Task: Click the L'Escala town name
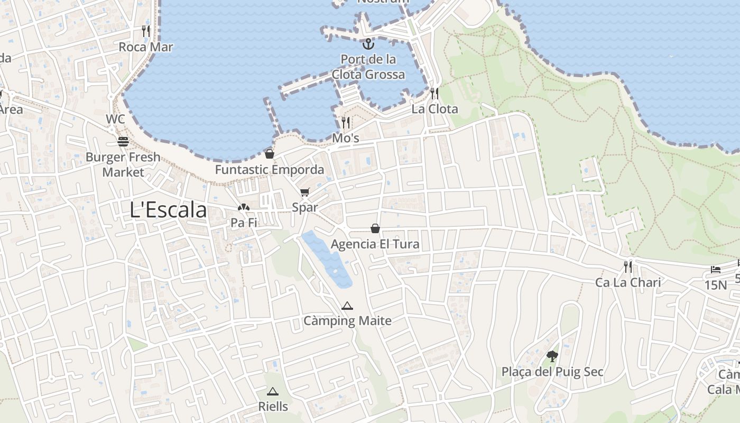[168, 210]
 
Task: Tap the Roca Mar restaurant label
[146, 47]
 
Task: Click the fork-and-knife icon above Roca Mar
[146, 31]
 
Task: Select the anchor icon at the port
[368, 43]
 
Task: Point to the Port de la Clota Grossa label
[368, 67]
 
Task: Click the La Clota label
[434, 109]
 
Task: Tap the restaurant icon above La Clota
[434, 94]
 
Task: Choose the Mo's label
[346, 139]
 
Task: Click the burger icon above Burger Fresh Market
[123, 142]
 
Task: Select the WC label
[115, 119]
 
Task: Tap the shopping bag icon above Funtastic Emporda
[270, 154]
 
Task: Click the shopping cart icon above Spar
[304, 192]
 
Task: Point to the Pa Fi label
[244, 223]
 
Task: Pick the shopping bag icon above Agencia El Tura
[375, 228]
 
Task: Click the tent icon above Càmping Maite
[347, 306]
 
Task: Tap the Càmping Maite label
[347, 321]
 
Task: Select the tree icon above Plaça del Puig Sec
[552, 356]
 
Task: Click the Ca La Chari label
[628, 282]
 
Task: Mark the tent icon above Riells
[273, 392]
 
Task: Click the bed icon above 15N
[716, 270]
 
